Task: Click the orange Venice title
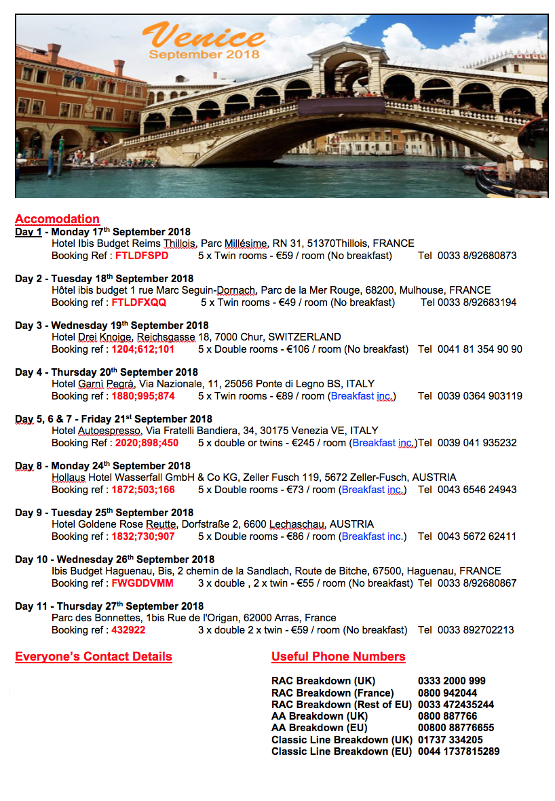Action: click(203, 35)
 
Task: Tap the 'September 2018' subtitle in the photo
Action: click(204, 54)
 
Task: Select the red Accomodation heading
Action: click(57, 219)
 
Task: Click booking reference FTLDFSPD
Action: click(142, 256)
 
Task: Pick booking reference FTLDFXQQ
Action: click(138, 302)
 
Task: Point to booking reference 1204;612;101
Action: click(142, 349)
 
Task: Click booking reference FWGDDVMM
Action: click(142, 583)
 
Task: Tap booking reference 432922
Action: click(128, 630)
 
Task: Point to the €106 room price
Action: click(293, 349)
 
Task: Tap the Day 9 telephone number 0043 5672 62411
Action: click(477, 536)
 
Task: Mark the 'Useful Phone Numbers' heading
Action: click(338, 657)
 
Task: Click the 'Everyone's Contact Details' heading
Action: click(94, 657)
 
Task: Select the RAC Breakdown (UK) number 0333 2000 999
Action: click(452, 681)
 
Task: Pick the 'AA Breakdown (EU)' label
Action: click(317, 728)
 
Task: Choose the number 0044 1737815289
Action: click(459, 751)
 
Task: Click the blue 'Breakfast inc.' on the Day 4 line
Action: click(363, 396)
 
